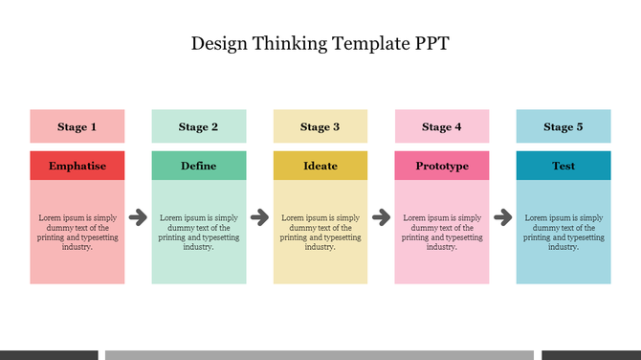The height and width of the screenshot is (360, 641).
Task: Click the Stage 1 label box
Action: (77, 126)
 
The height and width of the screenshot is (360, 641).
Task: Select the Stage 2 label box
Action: (198, 126)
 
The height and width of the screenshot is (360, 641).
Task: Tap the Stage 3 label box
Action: (320, 126)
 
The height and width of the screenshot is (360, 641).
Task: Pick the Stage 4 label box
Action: (442, 126)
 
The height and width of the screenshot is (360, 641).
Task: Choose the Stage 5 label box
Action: (564, 126)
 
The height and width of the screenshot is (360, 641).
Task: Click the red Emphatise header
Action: (77, 166)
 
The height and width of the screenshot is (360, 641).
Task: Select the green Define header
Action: (198, 166)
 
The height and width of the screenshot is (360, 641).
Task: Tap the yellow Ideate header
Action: (320, 166)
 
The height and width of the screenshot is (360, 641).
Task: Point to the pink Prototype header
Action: (442, 166)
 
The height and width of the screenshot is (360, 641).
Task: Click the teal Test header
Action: (564, 166)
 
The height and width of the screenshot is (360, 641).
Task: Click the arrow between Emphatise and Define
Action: (138, 218)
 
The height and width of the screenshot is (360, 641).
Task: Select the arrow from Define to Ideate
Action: (259, 218)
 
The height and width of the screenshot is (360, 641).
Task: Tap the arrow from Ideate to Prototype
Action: (381, 218)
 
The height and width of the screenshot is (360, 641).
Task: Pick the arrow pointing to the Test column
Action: (503, 218)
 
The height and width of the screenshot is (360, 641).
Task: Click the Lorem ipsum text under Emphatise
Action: (77, 233)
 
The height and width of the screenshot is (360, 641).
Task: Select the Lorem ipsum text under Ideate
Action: (320, 233)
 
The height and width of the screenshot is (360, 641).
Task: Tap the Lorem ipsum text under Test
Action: (564, 233)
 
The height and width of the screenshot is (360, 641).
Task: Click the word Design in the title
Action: (219, 43)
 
